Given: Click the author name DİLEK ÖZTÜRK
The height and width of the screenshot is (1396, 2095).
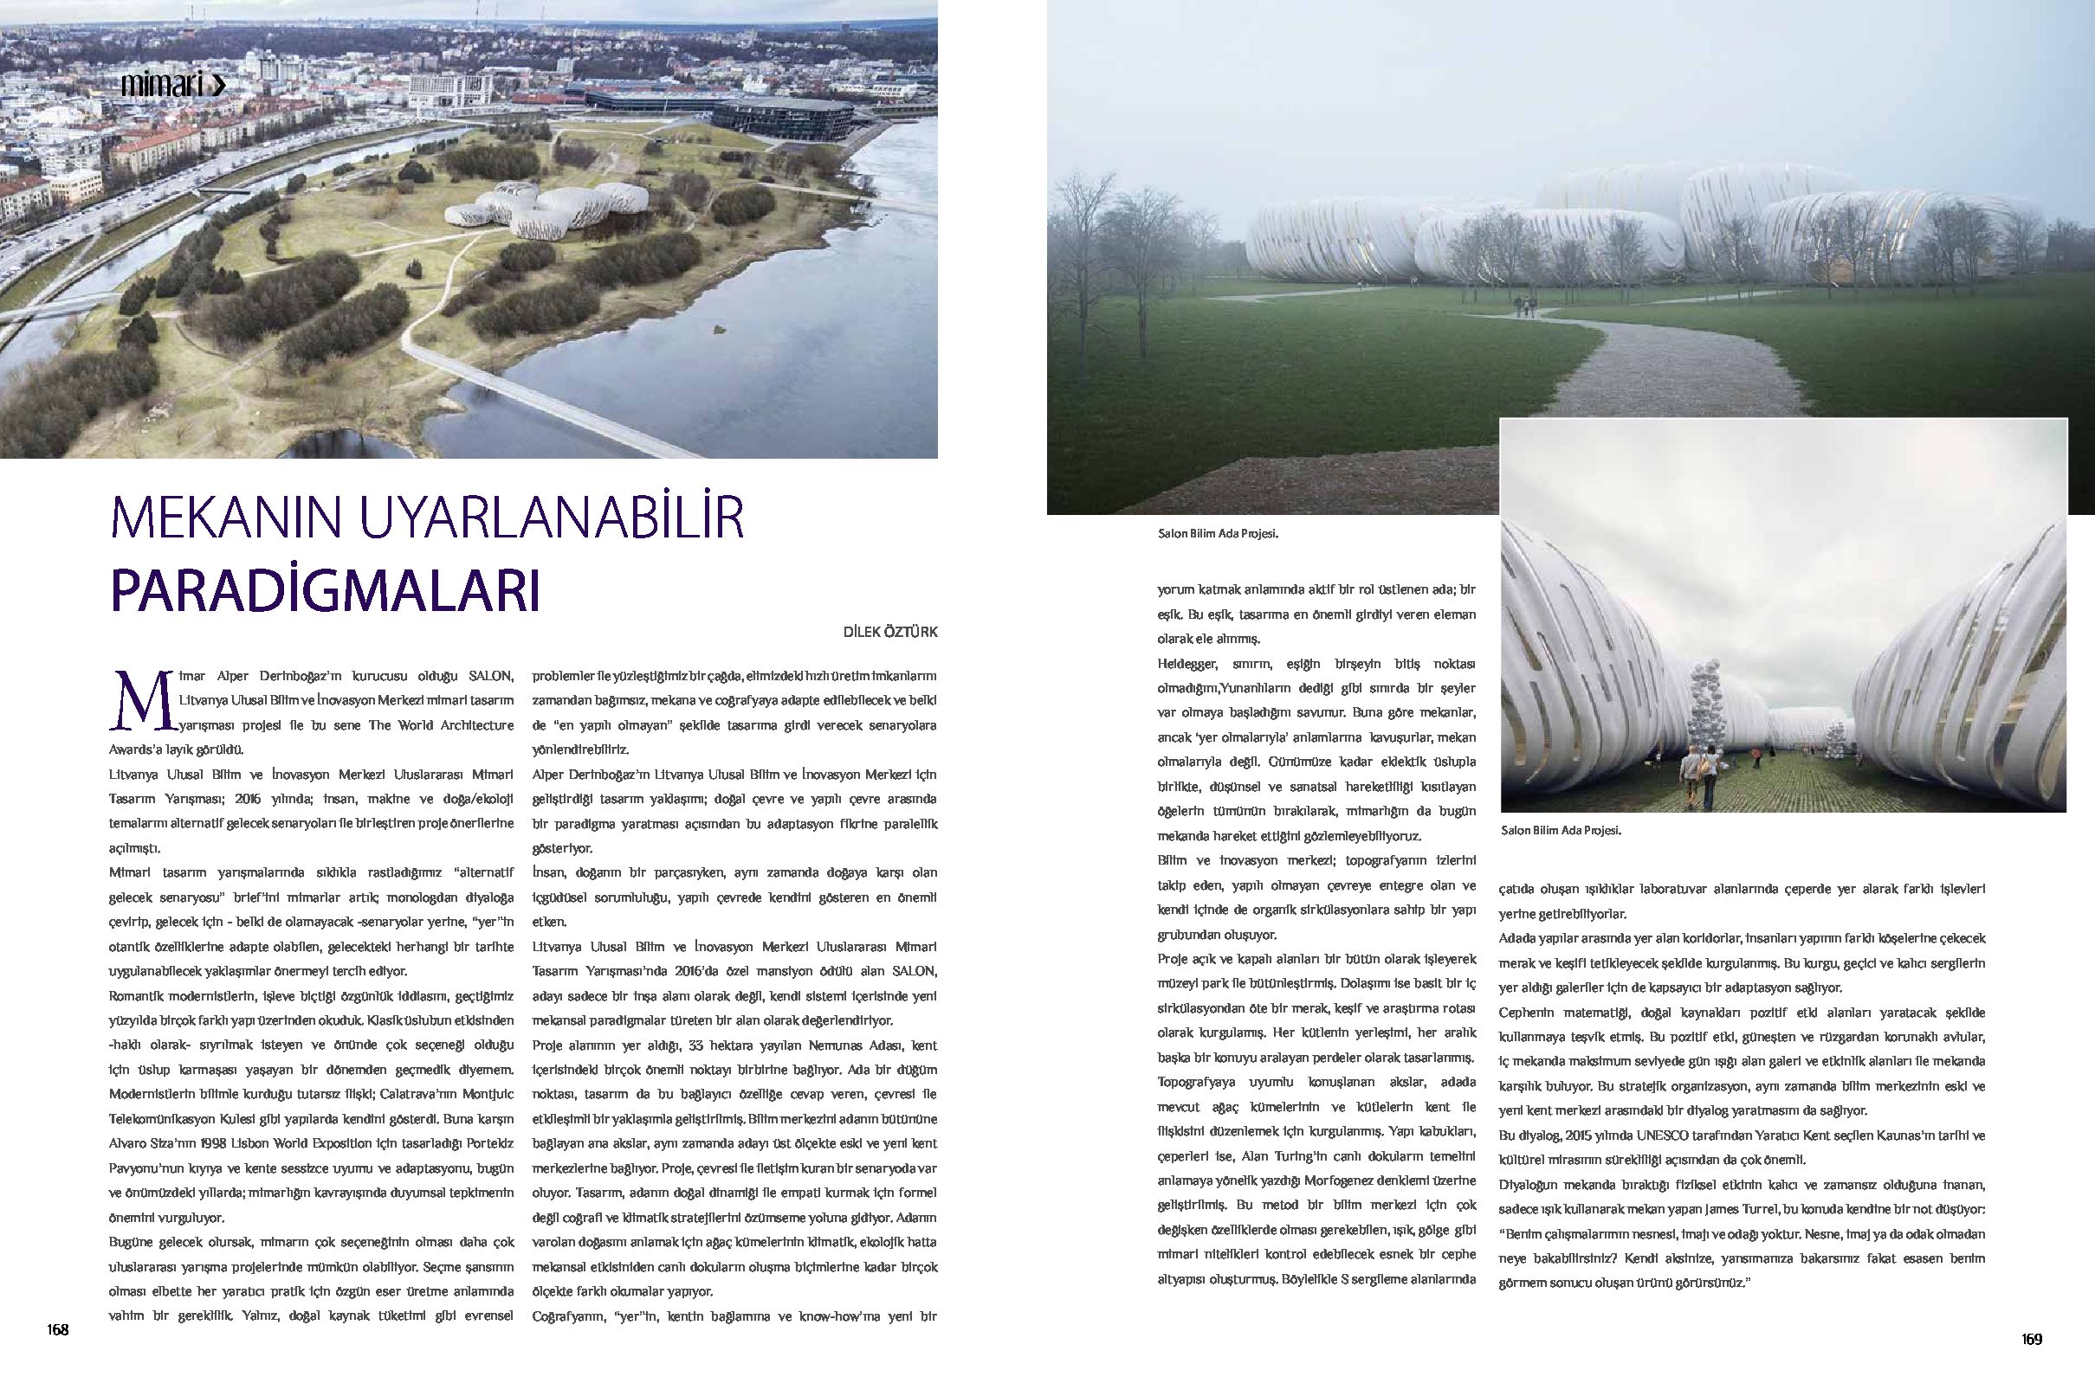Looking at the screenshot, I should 889,632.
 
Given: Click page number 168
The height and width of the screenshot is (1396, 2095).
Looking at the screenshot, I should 58,1329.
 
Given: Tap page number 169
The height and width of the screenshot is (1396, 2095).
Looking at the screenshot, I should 2031,1339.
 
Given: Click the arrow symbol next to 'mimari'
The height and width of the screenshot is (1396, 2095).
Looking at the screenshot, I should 217,86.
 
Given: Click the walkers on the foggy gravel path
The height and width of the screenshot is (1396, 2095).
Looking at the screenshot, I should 1525,306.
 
